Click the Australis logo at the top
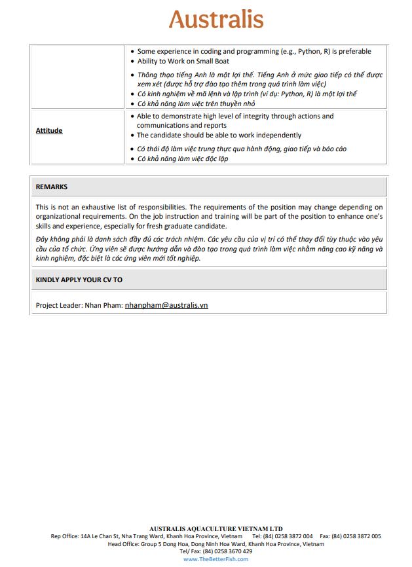pyautogui.click(x=216, y=20)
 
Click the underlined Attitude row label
pyautogui.click(x=49, y=130)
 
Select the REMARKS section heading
pyautogui.click(x=51, y=187)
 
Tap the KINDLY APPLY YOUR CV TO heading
pyautogui.click(x=79, y=280)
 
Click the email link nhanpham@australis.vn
pyautogui.click(x=166, y=305)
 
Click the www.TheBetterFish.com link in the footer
pyautogui.click(x=215, y=559)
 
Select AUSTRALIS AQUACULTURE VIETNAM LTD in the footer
pyautogui.click(x=215, y=528)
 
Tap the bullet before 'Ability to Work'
pyautogui.click(x=133, y=62)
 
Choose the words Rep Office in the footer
pyautogui.click(x=64, y=536)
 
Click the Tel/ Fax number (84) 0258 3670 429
pyautogui.click(x=227, y=551)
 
